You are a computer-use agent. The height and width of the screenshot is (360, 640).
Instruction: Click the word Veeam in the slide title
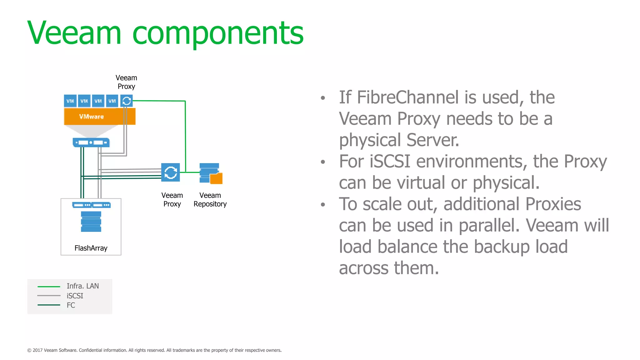point(74,33)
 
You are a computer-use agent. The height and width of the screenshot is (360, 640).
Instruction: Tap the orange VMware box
point(99,117)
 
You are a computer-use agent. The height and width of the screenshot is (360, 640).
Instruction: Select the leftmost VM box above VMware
point(70,101)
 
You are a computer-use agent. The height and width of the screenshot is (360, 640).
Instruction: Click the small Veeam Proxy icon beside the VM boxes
point(127,101)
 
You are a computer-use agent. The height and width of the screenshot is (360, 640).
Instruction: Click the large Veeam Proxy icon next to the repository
point(171,172)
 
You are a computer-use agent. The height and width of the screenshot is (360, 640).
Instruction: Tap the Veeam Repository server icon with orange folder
point(211,173)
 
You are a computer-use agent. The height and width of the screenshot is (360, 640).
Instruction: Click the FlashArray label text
point(91,248)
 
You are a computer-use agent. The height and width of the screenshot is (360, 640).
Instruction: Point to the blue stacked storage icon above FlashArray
point(91,221)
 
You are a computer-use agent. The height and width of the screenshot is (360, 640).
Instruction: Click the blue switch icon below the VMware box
point(91,142)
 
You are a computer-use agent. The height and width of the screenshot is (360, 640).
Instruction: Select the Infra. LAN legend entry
point(82,286)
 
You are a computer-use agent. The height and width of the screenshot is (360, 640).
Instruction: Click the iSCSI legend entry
point(75,296)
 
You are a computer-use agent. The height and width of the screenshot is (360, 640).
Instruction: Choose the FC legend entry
point(71,305)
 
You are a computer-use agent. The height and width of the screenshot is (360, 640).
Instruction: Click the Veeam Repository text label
point(210,200)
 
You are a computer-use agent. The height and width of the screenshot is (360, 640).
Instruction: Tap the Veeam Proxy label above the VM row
point(126,82)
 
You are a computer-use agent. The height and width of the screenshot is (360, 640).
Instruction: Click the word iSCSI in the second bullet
point(390,161)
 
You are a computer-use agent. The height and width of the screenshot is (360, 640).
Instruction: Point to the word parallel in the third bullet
point(489,225)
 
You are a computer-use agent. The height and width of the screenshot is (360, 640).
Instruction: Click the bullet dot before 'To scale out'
point(323,205)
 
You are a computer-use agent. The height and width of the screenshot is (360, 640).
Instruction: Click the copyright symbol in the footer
point(29,350)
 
